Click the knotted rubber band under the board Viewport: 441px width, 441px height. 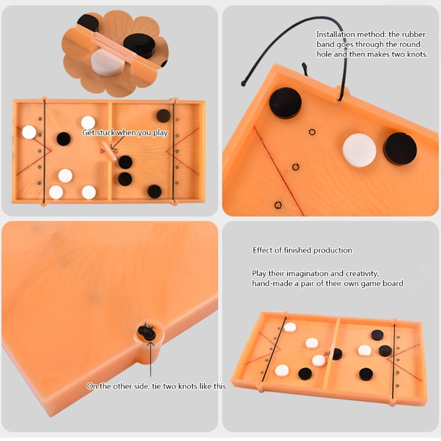pos(147,332)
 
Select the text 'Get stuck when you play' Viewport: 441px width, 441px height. pos(125,133)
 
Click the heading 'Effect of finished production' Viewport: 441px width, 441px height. pos(302,250)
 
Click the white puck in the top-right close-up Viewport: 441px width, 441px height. pos(359,150)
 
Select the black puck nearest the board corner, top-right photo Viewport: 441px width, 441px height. pos(285,103)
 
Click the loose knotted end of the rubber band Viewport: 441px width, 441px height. pos(244,83)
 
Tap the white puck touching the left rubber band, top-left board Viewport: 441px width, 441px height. pos(29,132)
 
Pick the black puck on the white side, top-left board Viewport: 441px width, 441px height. pos(63,139)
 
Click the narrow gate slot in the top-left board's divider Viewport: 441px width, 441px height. pos(109,150)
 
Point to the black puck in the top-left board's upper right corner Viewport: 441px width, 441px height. pos(163,116)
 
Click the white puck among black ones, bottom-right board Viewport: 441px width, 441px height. pos(364,351)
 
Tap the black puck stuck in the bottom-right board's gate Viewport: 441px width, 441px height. pos(337,354)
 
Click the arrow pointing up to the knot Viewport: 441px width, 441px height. pos(150,359)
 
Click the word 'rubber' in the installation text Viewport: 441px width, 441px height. pos(414,35)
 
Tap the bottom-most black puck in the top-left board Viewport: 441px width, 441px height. pos(154,191)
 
